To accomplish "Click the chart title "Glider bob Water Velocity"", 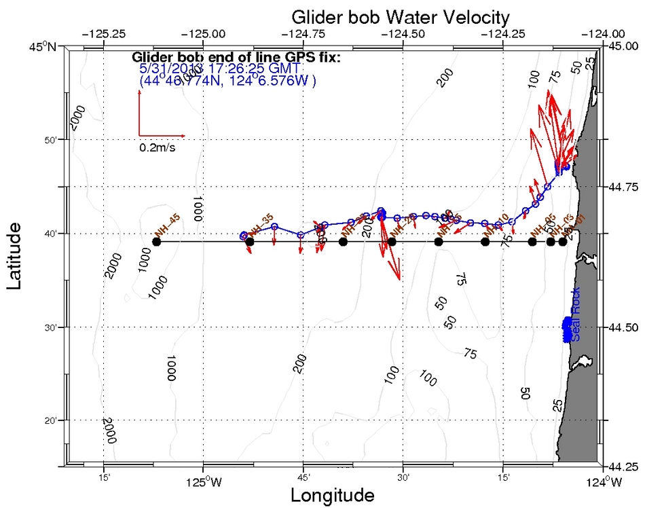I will [390, 16].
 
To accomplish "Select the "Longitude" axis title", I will [332, 495].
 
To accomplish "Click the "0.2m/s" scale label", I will [157, 147].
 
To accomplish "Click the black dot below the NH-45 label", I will [157, 242].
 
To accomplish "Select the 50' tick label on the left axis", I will [54, 140].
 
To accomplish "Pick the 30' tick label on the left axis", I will [54, 327].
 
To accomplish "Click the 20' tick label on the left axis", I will [54, 421].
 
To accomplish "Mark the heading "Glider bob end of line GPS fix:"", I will [236, 57].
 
